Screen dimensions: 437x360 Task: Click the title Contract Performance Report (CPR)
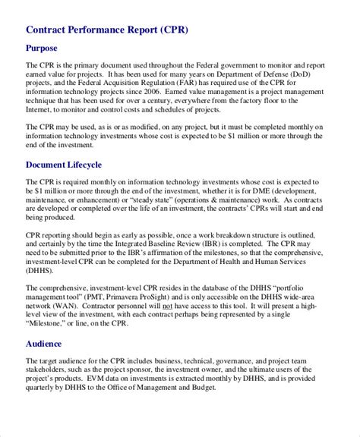click(107, 30)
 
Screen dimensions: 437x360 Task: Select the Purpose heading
click(47, 52)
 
